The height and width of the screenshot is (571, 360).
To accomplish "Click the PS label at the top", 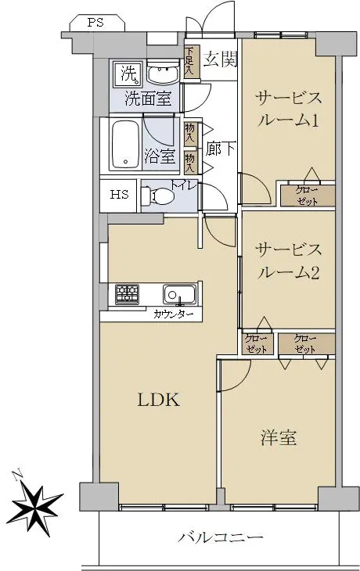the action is [95, 23].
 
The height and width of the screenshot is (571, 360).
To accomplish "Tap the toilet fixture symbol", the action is [157, 196].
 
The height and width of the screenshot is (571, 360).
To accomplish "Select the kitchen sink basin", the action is [179, 294].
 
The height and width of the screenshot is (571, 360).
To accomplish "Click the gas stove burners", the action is [127, 294].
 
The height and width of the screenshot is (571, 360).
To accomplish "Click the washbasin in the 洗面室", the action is [163, 72].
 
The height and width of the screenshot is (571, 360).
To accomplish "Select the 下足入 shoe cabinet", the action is [192, 61].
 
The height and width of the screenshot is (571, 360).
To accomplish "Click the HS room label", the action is [120, 195].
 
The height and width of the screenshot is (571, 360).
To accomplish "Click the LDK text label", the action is [159, 400].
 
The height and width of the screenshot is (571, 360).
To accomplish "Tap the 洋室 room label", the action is [279, 437].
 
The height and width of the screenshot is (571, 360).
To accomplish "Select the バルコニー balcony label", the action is [220, 537].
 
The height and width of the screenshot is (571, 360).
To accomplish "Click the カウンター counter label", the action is [173, 314].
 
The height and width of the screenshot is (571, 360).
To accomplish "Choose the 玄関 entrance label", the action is [221, 59].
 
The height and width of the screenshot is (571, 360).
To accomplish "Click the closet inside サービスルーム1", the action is [307, 196].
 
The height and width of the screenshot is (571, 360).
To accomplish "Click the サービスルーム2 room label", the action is [288, 261].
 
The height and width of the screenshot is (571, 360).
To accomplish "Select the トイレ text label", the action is [184, 185].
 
